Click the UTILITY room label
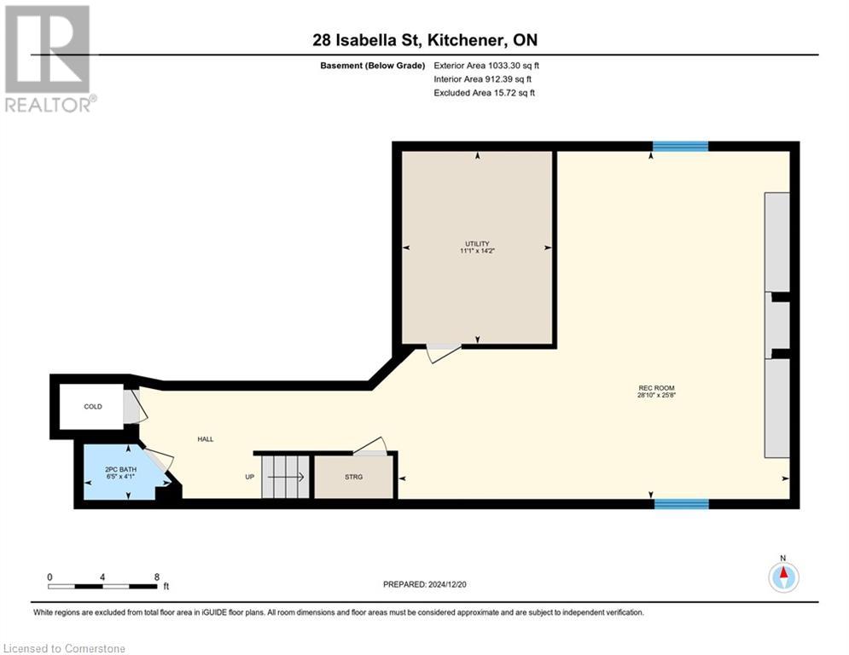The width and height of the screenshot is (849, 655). [x=477, y=244]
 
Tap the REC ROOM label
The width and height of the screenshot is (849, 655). [x=656, y=388]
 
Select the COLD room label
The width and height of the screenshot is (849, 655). [x=93, y=407]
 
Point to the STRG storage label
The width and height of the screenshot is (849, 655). [x=353, y=477]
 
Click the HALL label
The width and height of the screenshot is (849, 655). [x=206, y=439]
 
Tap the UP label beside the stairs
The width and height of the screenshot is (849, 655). [x=250, y=477]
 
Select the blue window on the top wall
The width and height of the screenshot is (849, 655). [x=680, y=147]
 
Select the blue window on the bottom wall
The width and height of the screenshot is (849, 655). [x=681, y=504]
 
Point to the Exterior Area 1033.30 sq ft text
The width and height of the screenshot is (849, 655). [x=486, y=65]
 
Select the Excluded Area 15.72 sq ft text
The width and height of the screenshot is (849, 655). [x=485, y=93]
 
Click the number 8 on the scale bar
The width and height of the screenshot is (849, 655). [x=156, y=577]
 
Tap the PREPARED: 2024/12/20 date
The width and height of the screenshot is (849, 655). [x=427, y=584]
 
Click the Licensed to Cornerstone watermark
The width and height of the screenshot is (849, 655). [x=65, y=648]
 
